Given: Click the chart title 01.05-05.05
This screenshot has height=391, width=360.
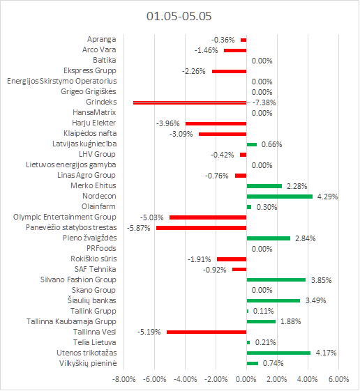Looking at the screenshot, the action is pyautogui.click(x=179, y=16).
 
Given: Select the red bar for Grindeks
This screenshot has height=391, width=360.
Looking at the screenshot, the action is pyautogui.click(x=190, y=102).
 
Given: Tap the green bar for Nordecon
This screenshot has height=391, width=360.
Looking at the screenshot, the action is pyautogui.click(x=280, y=197).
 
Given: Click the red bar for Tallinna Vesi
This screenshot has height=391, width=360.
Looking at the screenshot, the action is pyautogui.click(x=207, y=332).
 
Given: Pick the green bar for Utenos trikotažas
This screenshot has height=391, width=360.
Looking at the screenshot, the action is pyautogui.click(x=278, y=353).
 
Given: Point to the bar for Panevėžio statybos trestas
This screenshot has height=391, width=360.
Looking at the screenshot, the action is pyautogui.click(x=202, y=228).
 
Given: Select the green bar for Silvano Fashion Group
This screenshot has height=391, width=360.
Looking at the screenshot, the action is pyautogui.click(x=276, y=279).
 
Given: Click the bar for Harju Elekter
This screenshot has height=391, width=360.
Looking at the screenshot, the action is pyautogui.click(x=216, y=123).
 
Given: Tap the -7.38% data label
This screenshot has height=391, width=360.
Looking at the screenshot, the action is pyautogui.click(x=264, y=102).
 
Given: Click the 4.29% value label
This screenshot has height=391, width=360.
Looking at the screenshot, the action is pyautogui.click(x=327, y=197).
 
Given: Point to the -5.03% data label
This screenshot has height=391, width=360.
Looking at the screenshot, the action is pyautogui.click(x=152, y=217).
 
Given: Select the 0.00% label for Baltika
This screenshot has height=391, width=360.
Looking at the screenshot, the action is pyautogui.click(x=262, y=61).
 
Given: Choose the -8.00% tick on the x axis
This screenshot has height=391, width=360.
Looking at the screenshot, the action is pyautogui.click(x=123, y=379).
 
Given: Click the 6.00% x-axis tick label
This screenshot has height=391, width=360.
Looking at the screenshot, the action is pyautogui.click(x=339, y=379).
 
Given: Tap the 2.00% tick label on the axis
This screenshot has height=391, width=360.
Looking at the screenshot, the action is pyautogui.click(x=277, y=379).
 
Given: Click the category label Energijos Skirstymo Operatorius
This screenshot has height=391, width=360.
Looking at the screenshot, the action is pyautogui.click(x=62, y=82).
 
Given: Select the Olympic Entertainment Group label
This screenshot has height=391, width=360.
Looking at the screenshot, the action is pyautogui.click(x=65, y=217).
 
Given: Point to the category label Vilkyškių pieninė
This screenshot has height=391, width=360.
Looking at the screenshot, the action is pyautogui.click(x=88, y=363).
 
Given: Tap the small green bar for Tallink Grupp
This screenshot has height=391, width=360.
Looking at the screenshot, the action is pyautogui.click(x=248, y=312).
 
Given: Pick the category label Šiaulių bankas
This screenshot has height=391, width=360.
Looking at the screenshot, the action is pyautogui.click(x=92, y=300).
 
